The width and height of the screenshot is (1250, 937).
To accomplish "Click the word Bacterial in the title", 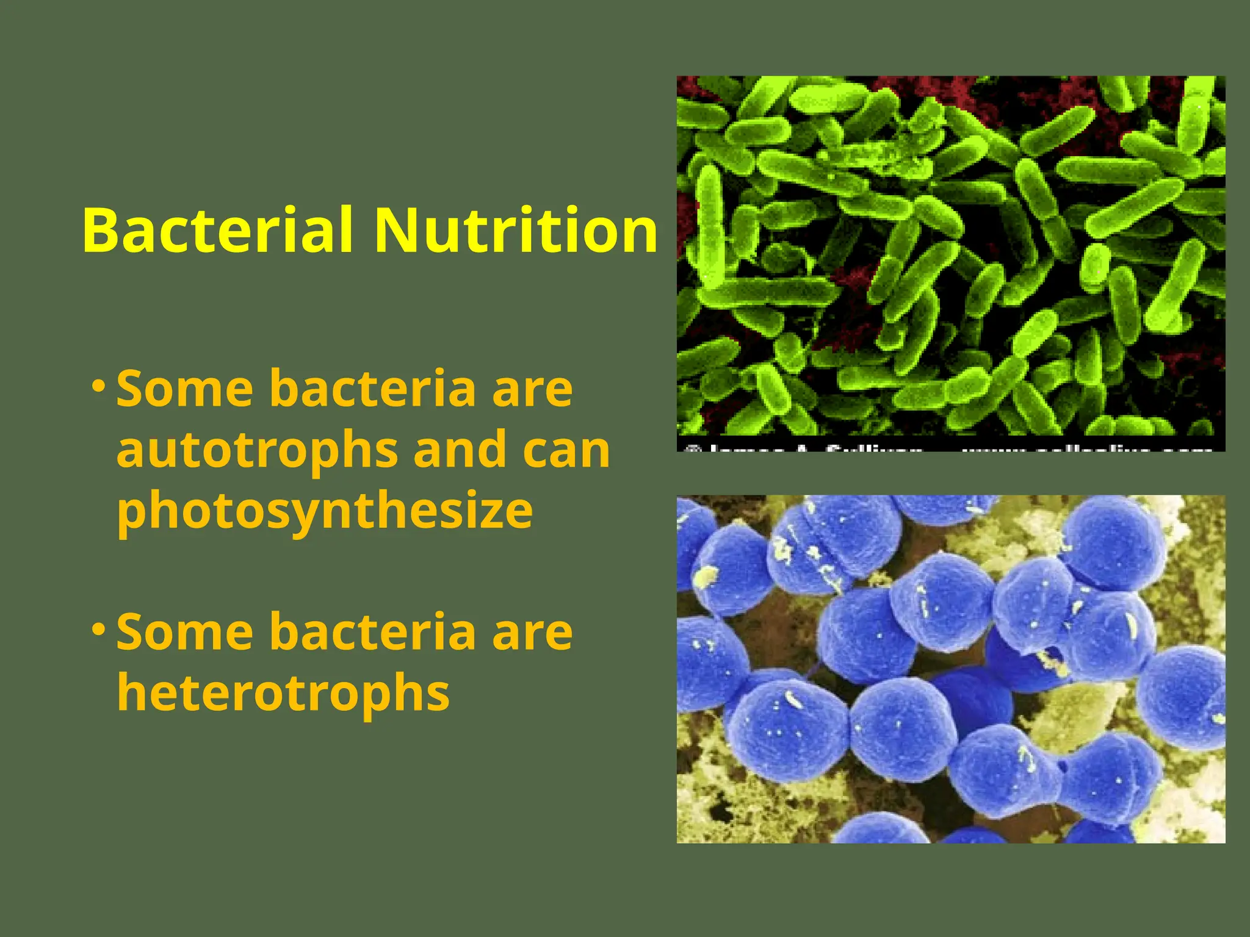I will point(218,230).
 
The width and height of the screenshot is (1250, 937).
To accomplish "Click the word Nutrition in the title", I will point(516,230).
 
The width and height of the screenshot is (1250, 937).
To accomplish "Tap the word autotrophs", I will point(257,450).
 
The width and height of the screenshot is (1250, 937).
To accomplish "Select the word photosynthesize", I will point(325,511).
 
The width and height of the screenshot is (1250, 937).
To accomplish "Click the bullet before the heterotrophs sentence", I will point(98,629).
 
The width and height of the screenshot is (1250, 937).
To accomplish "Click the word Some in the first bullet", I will point(184,389).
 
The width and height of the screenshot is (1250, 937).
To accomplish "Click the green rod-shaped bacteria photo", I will point(950,256).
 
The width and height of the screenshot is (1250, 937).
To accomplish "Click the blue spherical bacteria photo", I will point(950,669).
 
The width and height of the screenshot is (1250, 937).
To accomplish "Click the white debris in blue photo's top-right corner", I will point(1196,519).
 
